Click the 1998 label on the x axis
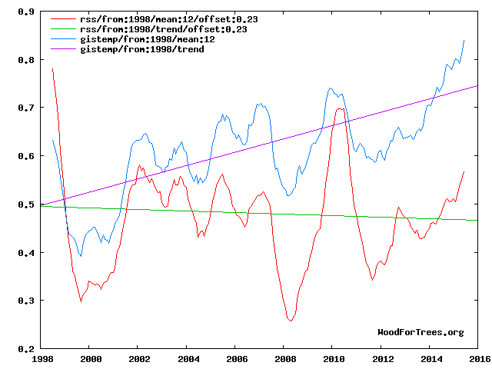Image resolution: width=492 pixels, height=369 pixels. click(x=42, y=359)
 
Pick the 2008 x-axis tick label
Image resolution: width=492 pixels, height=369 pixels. click(x=284, y=359)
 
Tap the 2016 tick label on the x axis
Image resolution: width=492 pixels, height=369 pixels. click(x=477, y=359)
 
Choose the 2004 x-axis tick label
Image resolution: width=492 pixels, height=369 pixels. click(x=187, y=359)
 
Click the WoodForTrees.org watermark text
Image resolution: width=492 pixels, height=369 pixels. click(x=421, y=332)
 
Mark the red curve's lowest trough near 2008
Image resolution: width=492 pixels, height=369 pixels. click(x=291, y=321)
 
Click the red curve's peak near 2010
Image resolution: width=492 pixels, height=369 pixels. click(x=339, y=109)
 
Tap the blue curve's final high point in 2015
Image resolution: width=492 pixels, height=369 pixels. click(x=464, y=40)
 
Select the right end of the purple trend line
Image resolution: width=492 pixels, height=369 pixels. click(x=477, y=86)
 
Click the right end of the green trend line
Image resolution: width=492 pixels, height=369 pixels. click(x=477, y=221)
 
